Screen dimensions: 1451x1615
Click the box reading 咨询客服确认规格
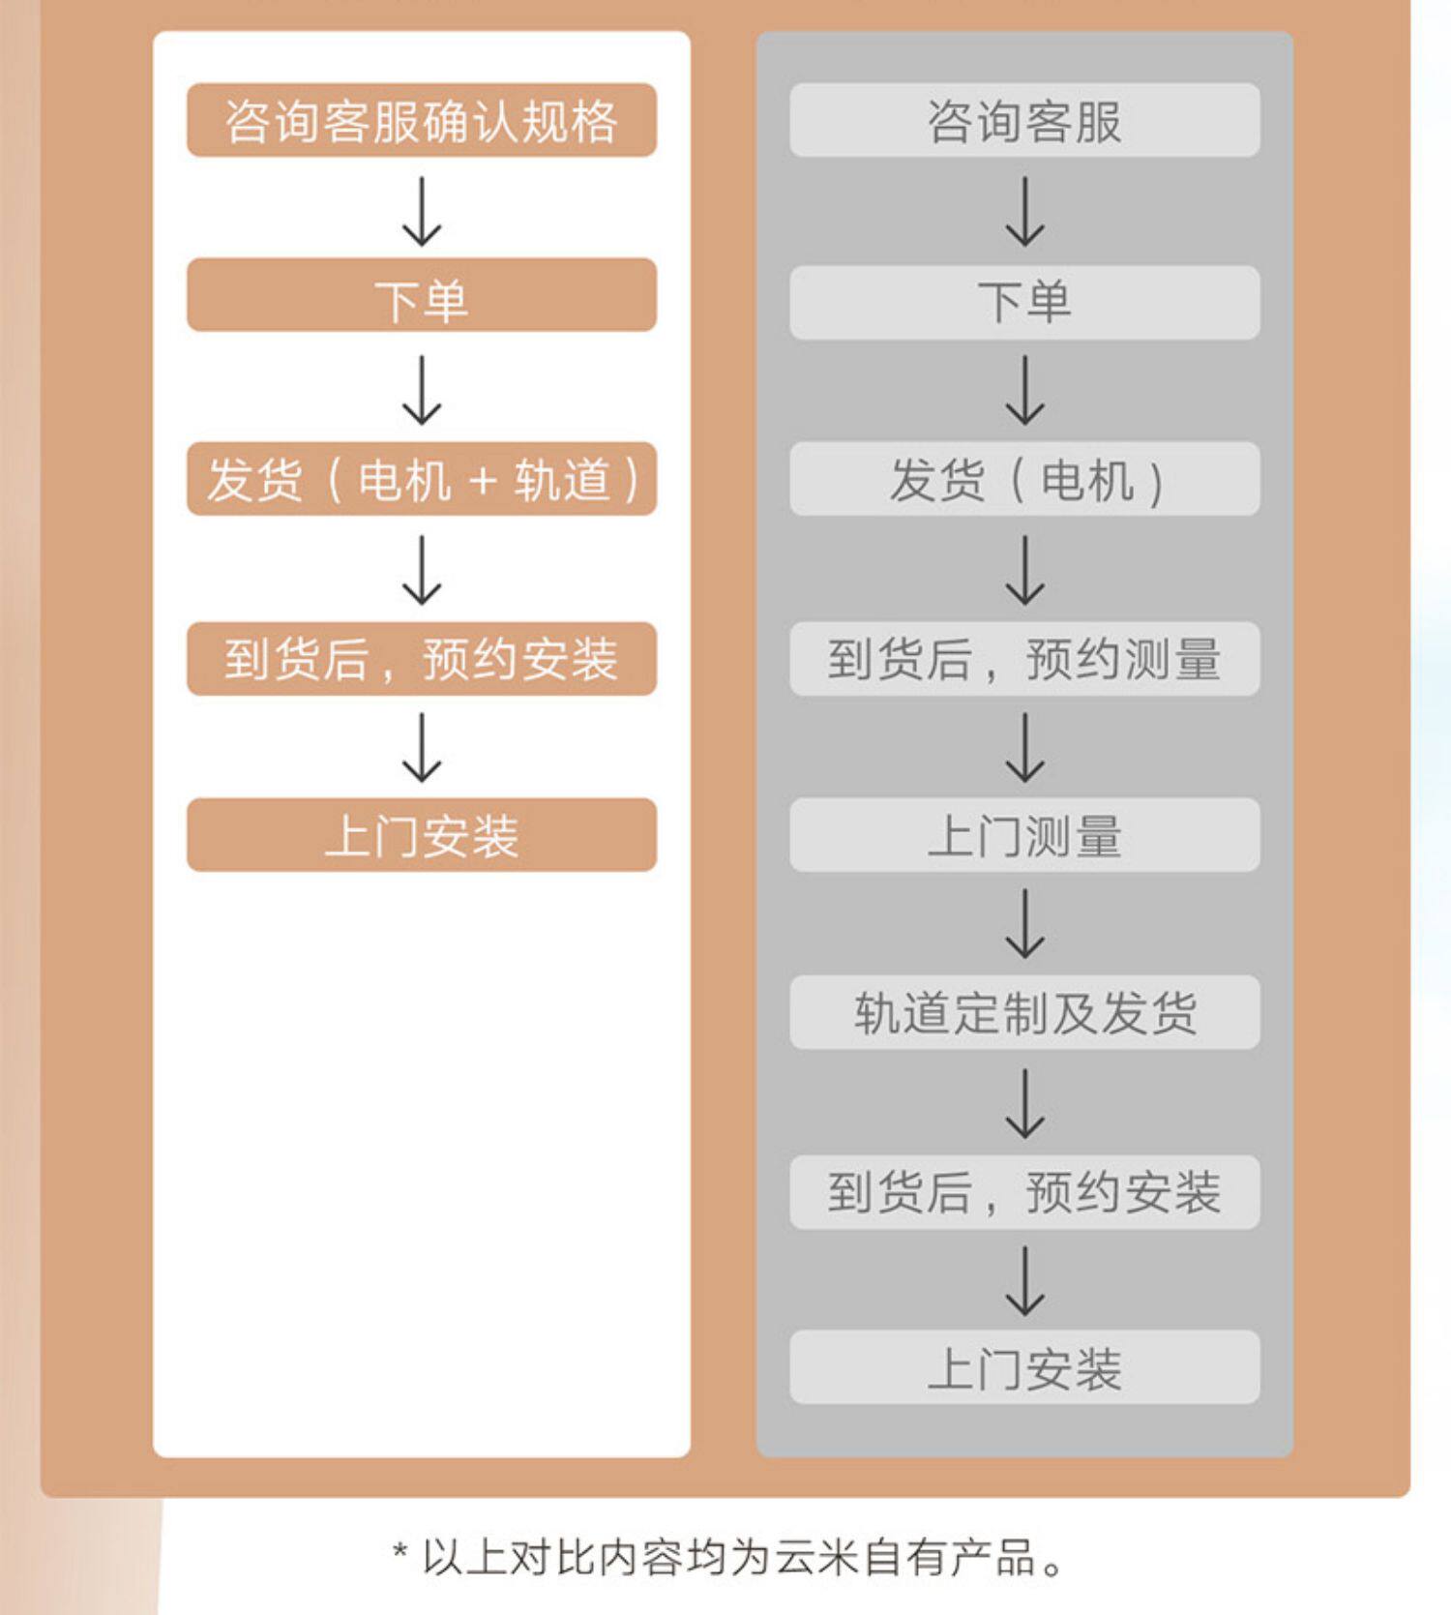[422, 120]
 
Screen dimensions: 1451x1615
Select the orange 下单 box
[422, 295]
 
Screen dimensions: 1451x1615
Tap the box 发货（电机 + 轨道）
[422, 479]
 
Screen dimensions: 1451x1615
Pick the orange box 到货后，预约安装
[422, 659]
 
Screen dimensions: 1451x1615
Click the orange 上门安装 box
[422, 835]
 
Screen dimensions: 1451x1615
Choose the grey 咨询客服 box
[1024, 120]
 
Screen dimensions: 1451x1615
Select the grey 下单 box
[1024, 303]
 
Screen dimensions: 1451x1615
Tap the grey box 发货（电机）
[1024, 479]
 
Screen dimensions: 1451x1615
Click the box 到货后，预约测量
[1024, 659]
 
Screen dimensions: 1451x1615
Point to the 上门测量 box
[1024, 835]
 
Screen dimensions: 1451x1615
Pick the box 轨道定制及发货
[1024, 1013]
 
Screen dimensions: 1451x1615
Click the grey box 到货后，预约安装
[1024, 1192]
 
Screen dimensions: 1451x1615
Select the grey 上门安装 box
[1024, 1367]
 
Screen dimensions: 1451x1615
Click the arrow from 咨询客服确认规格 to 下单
[422, 211]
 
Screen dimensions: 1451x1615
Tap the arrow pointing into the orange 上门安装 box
[422, 748]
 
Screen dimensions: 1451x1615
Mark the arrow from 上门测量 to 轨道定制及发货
[1024, 924]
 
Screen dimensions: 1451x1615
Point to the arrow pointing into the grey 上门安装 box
[1024, 1281]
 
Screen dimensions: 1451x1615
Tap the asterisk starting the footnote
[400, 1551]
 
